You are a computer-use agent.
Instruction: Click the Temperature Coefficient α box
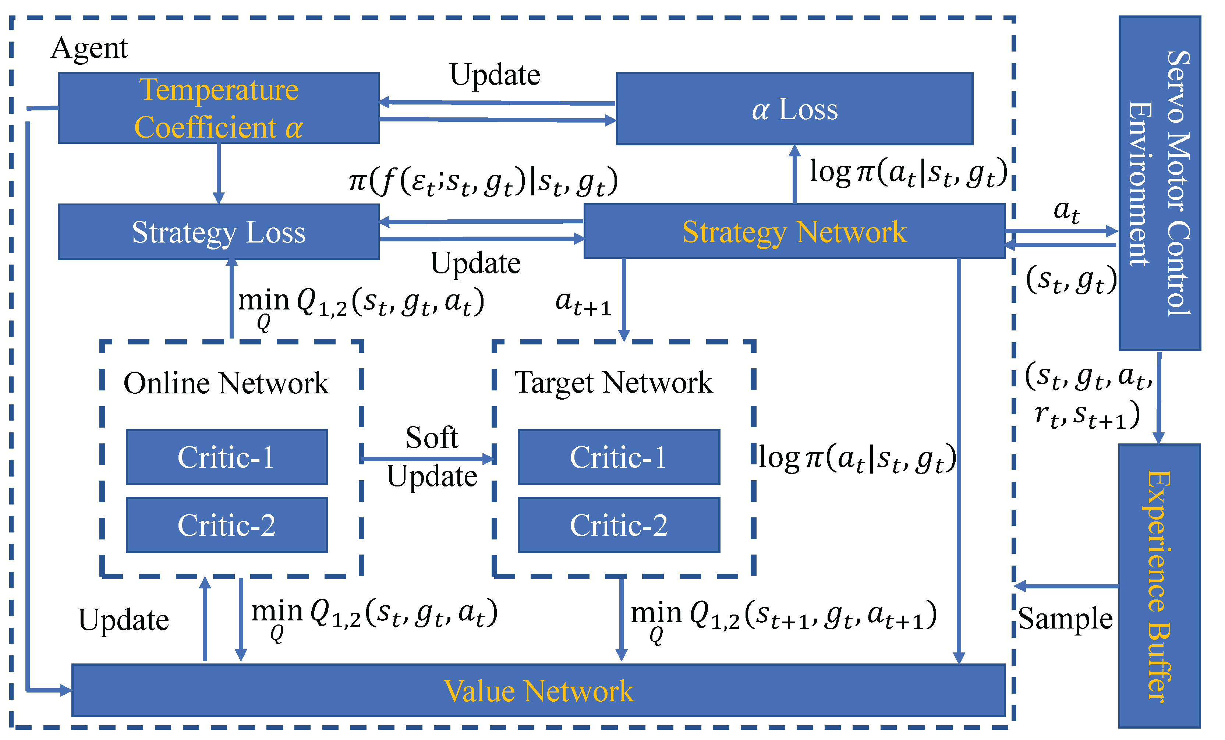tap(219, 108)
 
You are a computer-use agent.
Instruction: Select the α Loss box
tap(794, 109)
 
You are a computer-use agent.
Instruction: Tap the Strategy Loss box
tap(219, 232)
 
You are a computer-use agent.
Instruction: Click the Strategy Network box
tap(794, 232)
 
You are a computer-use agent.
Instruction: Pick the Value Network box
tap(538, 690)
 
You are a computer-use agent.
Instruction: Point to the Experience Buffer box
tap(1159, 585)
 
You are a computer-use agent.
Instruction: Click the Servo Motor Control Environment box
tap(1159, 183)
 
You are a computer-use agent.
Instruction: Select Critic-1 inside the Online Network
tap(227, 457)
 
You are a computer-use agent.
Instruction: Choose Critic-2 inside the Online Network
tap(227, 525)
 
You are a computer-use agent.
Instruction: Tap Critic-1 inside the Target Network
tap(619, 457)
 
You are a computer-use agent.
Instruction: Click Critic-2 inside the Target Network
tap(619, 525)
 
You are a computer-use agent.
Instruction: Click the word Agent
tap(89, 48)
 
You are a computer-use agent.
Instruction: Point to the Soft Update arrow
tap(428, 458)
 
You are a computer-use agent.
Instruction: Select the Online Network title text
tap(226, 383)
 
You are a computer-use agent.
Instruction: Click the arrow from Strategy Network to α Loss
tap(794, 174)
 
